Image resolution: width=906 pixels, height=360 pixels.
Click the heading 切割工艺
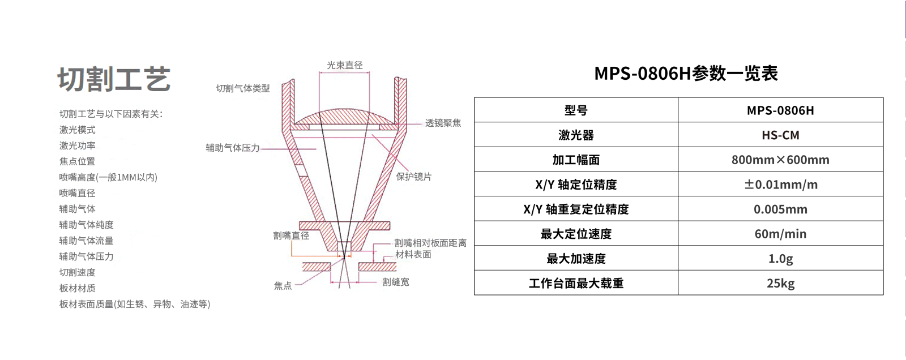114,79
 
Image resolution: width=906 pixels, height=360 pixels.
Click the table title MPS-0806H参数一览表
686,74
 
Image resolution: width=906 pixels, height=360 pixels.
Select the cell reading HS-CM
780,135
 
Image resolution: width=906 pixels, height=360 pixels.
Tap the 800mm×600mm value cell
780,160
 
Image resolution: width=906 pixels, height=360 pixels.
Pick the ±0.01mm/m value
780,185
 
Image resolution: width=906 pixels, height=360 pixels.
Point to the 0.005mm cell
780,209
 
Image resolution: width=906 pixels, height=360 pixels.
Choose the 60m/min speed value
780,234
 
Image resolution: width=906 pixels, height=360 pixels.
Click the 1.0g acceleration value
780,259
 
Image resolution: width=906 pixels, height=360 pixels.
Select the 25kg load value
780,284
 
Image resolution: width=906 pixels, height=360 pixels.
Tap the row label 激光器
576,135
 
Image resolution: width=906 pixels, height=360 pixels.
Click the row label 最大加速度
576,259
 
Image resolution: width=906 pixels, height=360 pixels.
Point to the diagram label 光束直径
344,66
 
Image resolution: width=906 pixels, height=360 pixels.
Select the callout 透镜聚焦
443,123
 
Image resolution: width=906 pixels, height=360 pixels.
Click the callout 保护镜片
413,177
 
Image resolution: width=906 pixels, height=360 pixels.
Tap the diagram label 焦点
283,286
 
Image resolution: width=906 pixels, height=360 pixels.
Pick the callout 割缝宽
395,282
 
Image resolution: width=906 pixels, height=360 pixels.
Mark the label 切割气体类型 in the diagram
243,88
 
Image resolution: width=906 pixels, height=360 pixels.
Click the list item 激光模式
78,130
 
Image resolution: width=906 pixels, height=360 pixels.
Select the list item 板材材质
78,288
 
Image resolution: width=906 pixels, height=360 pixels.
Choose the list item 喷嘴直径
78,193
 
